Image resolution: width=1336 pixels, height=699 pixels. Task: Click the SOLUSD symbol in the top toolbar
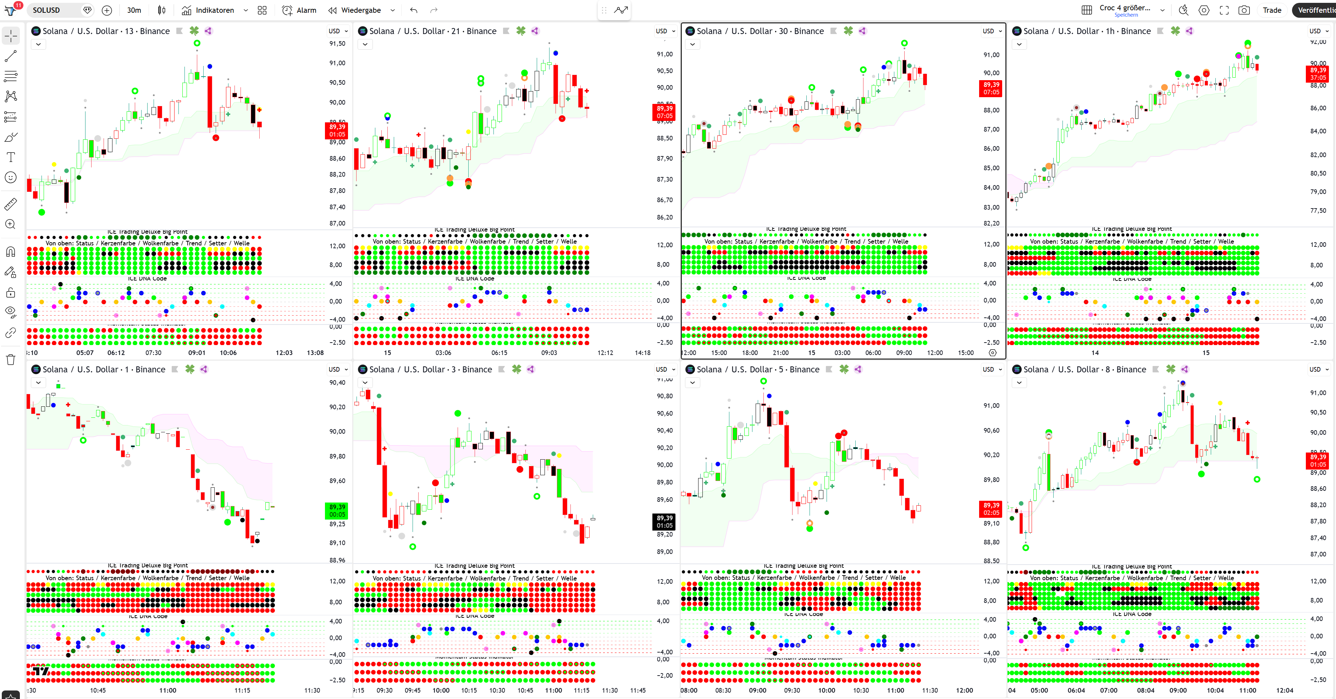point(46,10)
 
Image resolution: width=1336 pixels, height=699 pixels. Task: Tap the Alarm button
point(299,10)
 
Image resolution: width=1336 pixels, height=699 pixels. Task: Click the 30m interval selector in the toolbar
point(134,10)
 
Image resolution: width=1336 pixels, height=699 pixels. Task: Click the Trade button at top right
point(1272,10)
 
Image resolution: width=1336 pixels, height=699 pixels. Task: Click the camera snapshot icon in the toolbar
point(1244,10)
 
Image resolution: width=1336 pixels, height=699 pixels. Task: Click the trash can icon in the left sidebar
point(10,359)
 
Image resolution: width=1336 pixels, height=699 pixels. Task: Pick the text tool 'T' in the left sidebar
point(10,157)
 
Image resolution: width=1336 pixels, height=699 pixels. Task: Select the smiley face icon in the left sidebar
point(10,177)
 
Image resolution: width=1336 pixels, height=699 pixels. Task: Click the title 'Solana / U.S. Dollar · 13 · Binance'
point(106,31)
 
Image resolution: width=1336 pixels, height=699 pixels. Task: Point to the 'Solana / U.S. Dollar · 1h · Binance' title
point(1087,31)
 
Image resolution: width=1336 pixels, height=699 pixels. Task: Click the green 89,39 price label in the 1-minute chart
point(337,510)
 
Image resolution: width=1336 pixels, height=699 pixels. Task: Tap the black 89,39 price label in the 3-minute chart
point(664,521)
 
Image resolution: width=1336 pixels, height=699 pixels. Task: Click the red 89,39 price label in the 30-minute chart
point(991,88)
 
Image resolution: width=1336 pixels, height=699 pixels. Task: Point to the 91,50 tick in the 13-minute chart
point(337,44)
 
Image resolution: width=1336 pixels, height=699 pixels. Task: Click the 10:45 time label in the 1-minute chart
point(98,690)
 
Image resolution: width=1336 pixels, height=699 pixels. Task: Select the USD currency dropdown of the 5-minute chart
point(991,369)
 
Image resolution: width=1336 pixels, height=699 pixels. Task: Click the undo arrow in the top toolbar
point(413,10)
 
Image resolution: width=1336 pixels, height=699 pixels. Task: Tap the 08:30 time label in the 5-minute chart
point(723,690)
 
